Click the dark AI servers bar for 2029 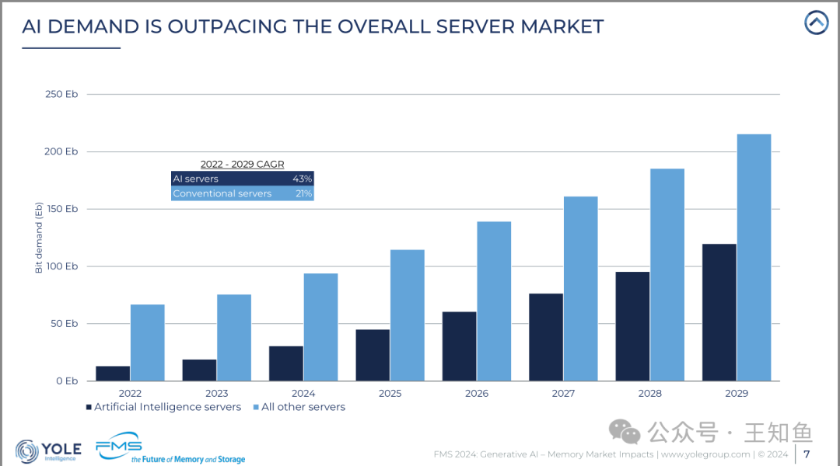click(719, 312)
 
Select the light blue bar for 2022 click(147, 343)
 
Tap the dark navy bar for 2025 click(373, 355)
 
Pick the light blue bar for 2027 click(581, 289)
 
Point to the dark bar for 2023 click(199, 370)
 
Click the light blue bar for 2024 click(321, 327)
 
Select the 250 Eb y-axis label click(61, 94)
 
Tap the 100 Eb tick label click(61, 266)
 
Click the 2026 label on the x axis click(477, 393)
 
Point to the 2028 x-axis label click(649, 393)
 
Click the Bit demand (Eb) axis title click(39, 238)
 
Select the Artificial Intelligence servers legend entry click(163, 407)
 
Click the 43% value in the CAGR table click(302, 179)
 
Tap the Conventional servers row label click(222, 193)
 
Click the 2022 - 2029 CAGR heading click(242, 164)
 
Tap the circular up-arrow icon click(817, 23)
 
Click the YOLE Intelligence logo click(49, 451)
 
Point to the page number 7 click(807, 454)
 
